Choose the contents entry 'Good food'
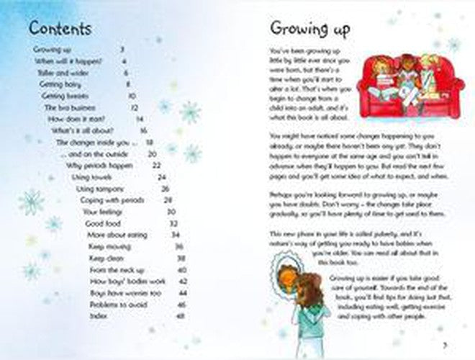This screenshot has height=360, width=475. pos(101,224)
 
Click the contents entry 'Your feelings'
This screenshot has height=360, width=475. pos(99,212)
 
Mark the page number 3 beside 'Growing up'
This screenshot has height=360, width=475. pos(122,50)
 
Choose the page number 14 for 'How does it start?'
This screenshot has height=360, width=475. pos(140,119)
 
